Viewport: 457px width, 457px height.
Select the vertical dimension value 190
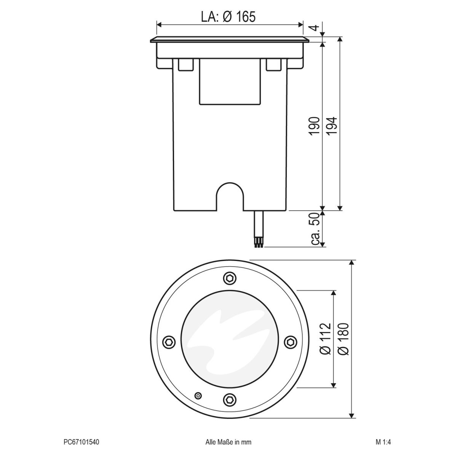coord(314,126)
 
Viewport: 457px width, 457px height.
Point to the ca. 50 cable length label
coord(315,228)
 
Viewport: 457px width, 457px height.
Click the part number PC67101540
coord(81,442)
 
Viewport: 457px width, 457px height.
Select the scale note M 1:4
coord(383,442)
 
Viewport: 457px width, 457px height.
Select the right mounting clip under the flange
coord(273,64)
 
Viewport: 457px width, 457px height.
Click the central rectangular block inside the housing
coord(230,82)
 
